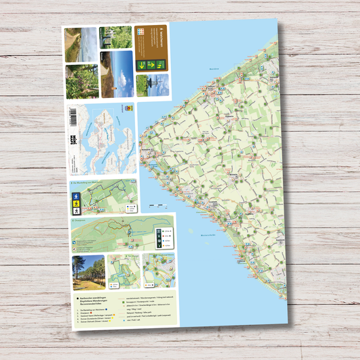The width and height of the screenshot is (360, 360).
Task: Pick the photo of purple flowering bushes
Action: pyautogui.click(x=115, y=36)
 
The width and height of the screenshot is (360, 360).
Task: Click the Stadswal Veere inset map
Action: pyautogui.click(x=159, y=270)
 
